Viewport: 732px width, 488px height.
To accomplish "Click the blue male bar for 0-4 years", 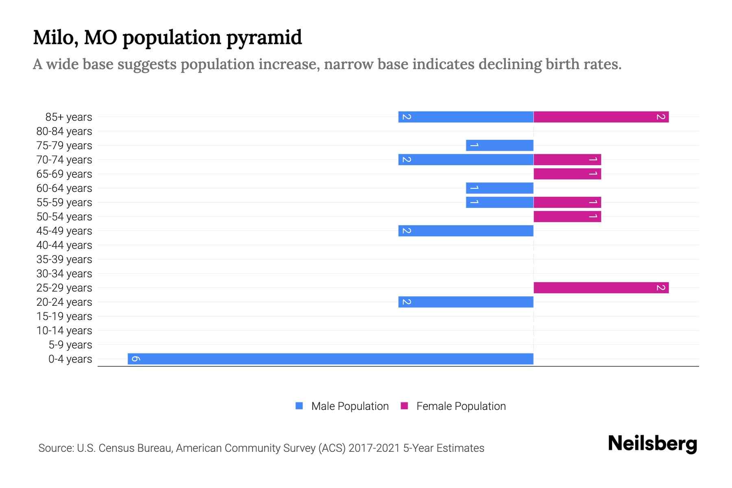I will coord(330,359).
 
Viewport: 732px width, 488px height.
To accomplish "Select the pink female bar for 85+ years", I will coord(601,117).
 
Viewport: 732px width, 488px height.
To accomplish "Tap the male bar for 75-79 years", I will coord(499,146).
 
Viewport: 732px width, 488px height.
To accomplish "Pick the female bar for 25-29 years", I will coord(601,288).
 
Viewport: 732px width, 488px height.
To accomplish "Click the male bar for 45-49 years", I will coord(466,231).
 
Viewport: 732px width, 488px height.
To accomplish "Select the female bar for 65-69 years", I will coord(567,174).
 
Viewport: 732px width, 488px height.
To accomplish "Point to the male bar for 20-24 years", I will coord(466,302).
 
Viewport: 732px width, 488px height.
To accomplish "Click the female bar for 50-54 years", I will coord(567,217).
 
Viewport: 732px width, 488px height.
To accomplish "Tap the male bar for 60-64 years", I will coord(499,188).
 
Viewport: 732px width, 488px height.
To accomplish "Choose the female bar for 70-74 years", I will coord(567,160).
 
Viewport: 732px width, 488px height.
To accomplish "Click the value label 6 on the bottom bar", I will coord(136,359).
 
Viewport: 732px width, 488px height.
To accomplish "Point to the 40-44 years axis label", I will coord(64,245).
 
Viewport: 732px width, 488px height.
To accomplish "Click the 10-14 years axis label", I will coord(64,331).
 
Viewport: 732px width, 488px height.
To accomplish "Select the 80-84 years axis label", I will coord(64,131).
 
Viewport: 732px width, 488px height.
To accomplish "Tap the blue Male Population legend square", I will coord(299,406).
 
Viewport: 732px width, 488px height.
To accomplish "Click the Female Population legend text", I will coord(461,406).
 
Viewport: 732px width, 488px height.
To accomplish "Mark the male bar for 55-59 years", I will coord(499,203).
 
